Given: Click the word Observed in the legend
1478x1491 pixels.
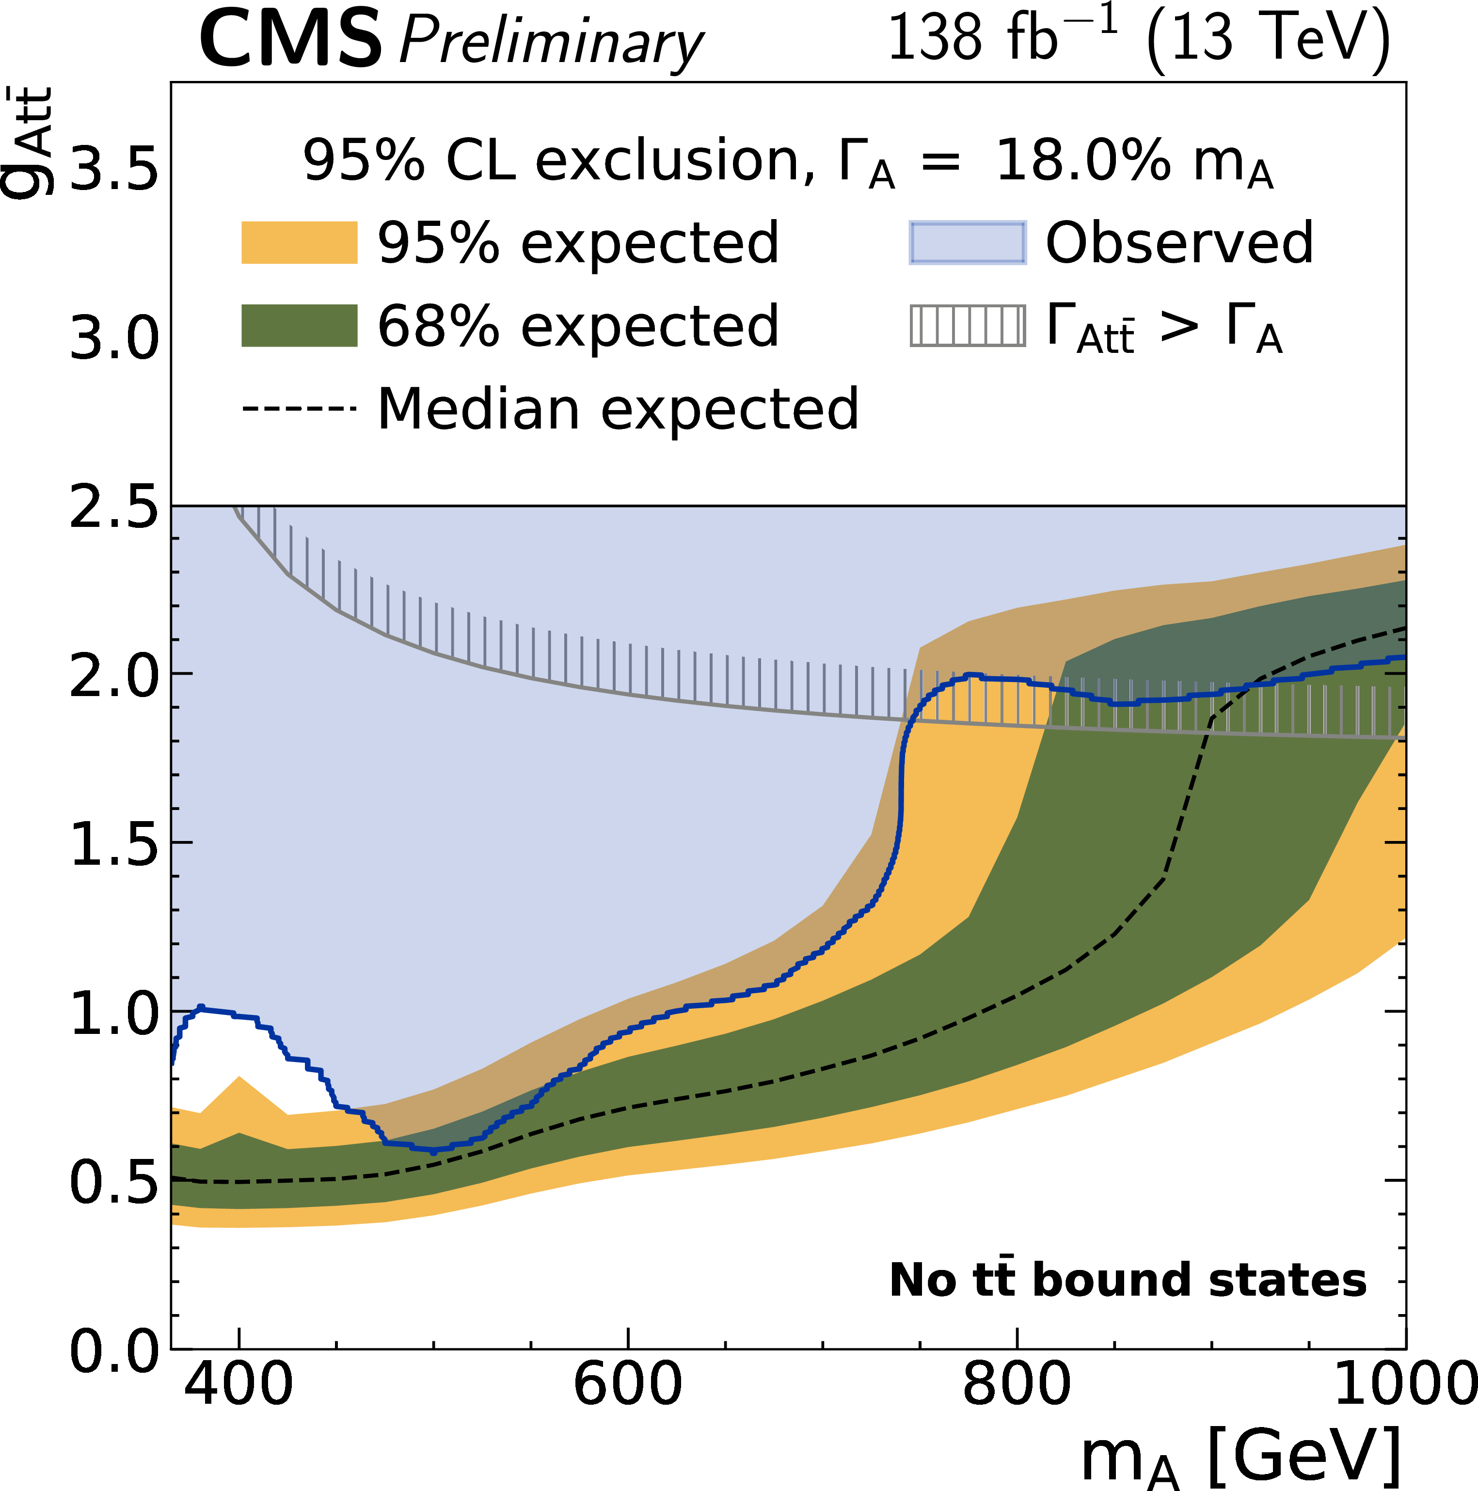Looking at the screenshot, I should pyautogui.click(x=1178, y=242).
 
